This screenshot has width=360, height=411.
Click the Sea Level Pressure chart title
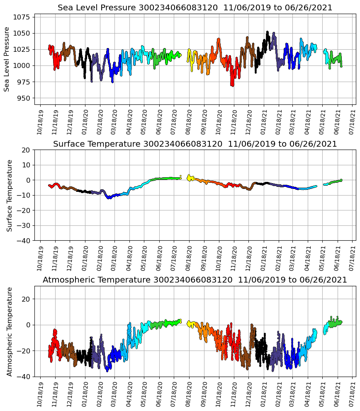pyautogui.click(x=195, y=8)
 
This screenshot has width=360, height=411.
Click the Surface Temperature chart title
pyautogui.click(x=195, y=144)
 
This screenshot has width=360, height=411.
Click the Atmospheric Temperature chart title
pyautogui.click(x=195, y=280)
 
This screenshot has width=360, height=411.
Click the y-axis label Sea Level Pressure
pyautogui.click(x=7, y=59)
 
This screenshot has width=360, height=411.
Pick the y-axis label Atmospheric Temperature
pyautogui.click(x=9, y=331)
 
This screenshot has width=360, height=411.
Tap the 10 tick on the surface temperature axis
pyautogui.click(x=27, y=165)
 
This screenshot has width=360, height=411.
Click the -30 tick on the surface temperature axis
pyautogui.click(x=24, y=225)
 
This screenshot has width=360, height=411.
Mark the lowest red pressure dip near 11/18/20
pyautogui.click(x=232, y=85)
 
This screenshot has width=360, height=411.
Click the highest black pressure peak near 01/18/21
pyautogui.click(x=268, y=32)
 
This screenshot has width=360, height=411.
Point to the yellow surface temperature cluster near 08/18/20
pyautogui.click(x=190, y=178)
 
